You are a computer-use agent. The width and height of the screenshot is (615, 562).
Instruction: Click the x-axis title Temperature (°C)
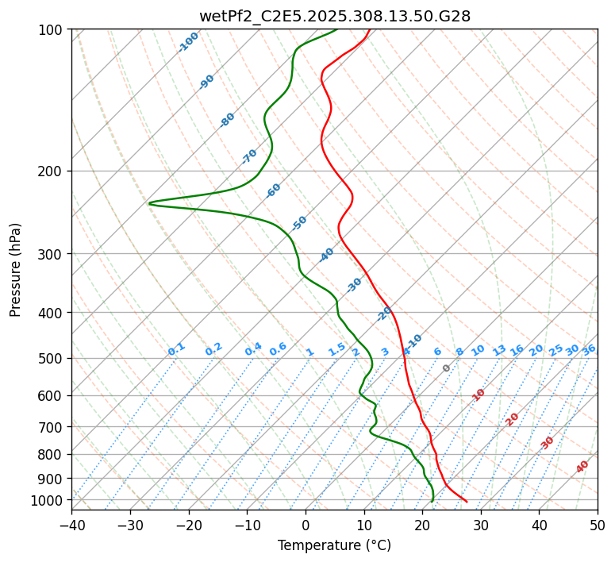[x=334, y=545]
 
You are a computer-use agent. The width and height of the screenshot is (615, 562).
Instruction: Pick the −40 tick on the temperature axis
[x=71, y=525]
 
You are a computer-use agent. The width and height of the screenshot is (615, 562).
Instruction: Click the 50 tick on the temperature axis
[x=598, y=525]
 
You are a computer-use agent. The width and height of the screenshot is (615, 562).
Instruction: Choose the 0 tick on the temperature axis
[x=306, y=525]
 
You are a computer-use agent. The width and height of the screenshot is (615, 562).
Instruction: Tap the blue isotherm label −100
[x=188, y=42]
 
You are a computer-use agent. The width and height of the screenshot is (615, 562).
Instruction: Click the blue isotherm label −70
[x=249, y=156]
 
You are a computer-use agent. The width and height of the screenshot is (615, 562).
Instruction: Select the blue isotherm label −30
[x=354, y=285]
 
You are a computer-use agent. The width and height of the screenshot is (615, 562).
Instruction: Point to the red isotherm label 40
[x=582, y=467]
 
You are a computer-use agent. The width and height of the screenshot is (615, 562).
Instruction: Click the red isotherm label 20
[x=513, y=419]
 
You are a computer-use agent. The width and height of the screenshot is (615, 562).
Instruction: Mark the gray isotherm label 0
[x=447, y=368]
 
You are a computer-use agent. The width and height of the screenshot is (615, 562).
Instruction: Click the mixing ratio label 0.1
[x=176, y=348]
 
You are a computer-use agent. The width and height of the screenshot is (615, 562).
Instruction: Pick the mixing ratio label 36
[x=589, y=349]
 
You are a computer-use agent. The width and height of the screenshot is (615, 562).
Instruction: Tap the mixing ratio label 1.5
[x=336, y=349]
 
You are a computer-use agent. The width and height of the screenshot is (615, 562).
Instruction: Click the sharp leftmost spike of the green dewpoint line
[x=149, y=203]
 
